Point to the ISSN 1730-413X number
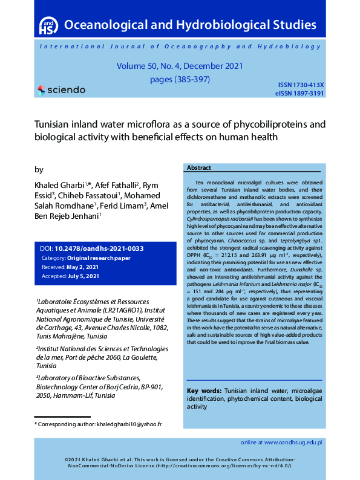[x=301, y=85]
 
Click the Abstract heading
[x=199, y=167]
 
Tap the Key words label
[x=204, y=391]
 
